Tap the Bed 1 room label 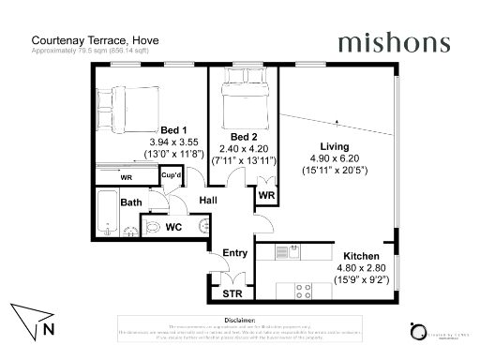coord(173,130)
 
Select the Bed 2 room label coord(244,136)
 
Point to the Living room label coord(334,147)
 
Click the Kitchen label coord(360,256)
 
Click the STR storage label coord(232,294)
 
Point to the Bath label coord(131,202)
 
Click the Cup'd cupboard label coord(172,175)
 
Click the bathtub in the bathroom coord(106,214)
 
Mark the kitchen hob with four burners coord(303,288)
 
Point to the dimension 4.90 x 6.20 coord(334,159)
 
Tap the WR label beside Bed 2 coord(265,195)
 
